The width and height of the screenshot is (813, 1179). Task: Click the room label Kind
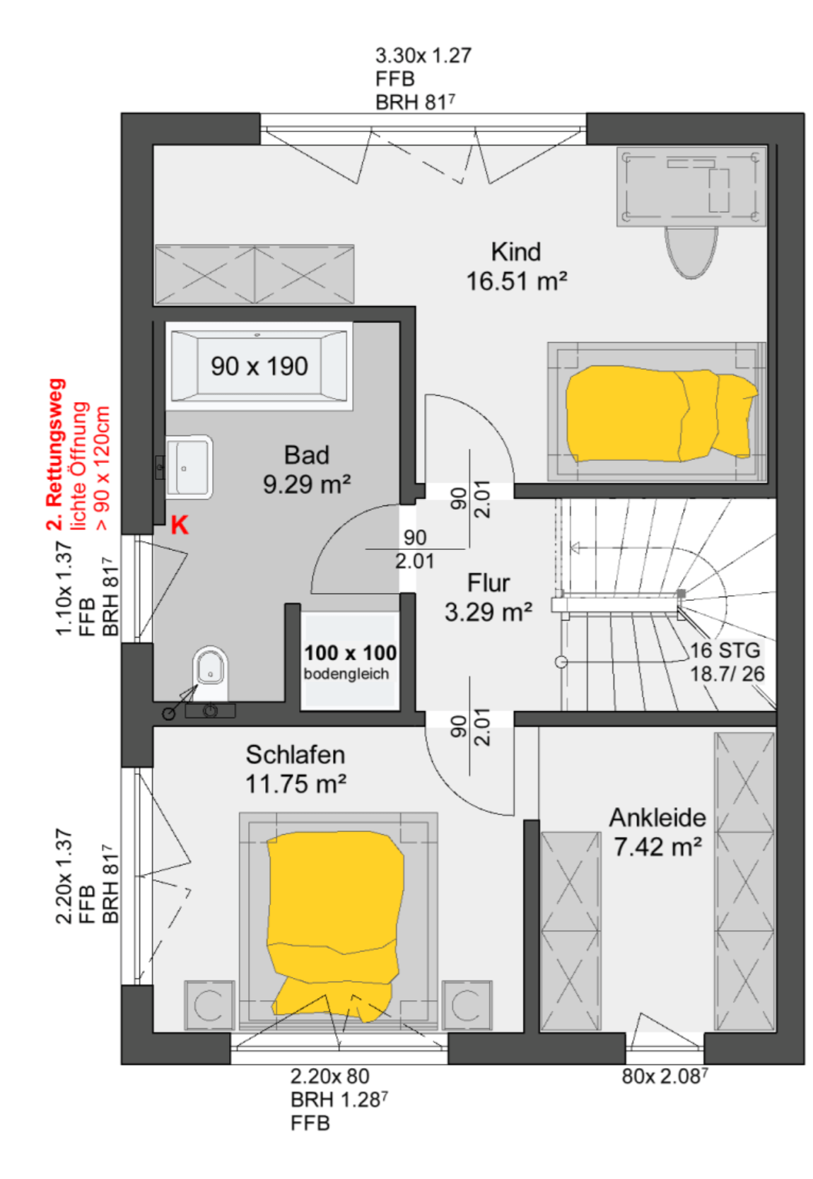pyautogui.click(x=515, y=252)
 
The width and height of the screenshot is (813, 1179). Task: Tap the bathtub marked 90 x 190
pyautogui.click(x=259, y=366)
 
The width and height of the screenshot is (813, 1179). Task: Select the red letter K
pyautogui.click(x=179, y=525)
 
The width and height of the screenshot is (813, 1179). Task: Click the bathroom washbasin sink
pyautogui.click(x=189, y=467)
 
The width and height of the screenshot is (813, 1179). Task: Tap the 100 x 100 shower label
pyautogui.click(x=350, y=652)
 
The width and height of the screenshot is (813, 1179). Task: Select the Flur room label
pyautogui.click(x=488, y=583)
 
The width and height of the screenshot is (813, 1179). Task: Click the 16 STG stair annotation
pyautogui.click(x=725, y=650)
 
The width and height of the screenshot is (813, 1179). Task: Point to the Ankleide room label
pyautogui.click(x=657, y=818)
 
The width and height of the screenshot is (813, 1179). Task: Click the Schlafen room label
pyautogui.click(x=295, y=755)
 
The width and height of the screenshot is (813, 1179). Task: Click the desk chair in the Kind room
pyautogui.click(x=691, y=252)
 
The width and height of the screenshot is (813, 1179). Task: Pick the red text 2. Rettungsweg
pyautogui.click(x=56, y=454)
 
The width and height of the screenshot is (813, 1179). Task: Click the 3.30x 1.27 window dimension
pyautogui.click(x=423, y=55)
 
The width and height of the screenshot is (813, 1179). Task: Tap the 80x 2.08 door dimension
pyautogui.click(x=665, y=1077)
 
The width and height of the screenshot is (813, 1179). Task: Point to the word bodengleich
pyautogui.click(x=346, y=674)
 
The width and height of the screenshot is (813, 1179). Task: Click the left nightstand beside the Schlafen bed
pyautogui.click(x=209, y=1005)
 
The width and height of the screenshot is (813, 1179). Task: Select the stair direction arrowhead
pyautogui.click(x=575, y=548)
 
